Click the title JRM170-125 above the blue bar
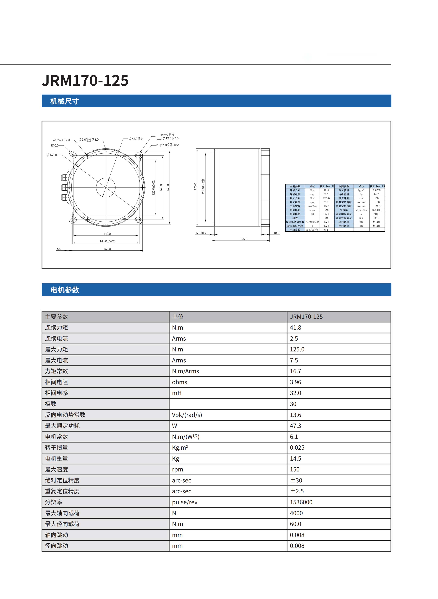click(85, 81)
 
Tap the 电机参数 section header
click(65, 290)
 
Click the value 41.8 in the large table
click(295, 327)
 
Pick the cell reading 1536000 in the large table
click(301, 502)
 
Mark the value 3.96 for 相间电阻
click(295, 382)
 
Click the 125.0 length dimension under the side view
click(243, 239)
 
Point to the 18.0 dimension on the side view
click(276, 233)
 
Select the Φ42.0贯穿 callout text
click(136, 139)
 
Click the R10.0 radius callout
click(55, 146)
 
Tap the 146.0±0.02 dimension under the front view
click(107, 241)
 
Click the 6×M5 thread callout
click(61, 140)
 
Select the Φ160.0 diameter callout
click(52, 155)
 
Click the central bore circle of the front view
click(106, 187)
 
